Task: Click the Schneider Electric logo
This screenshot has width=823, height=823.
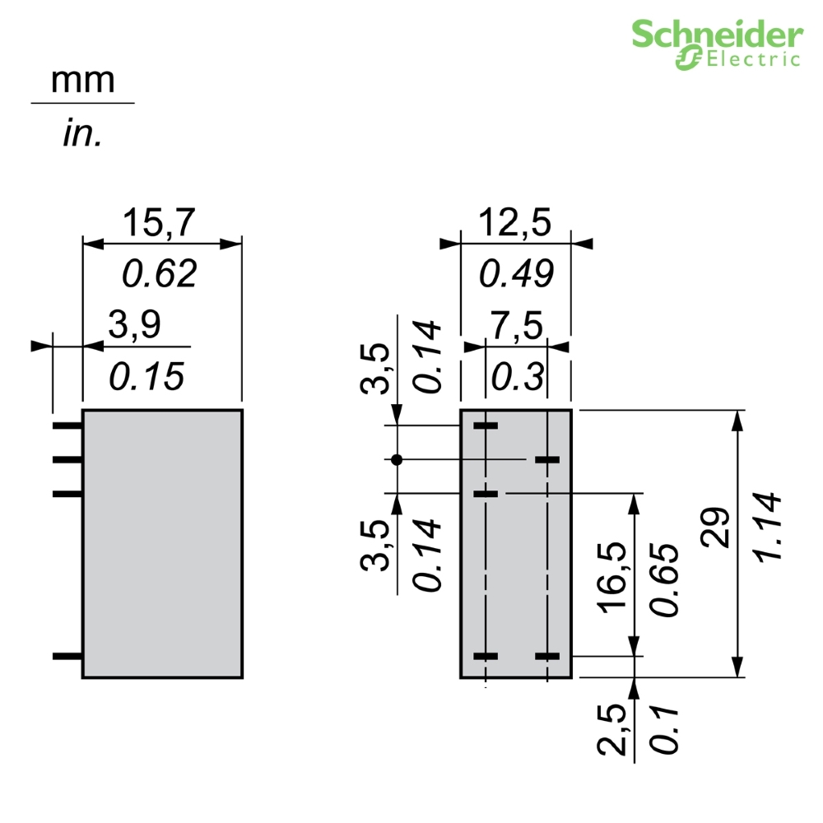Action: [717, 44]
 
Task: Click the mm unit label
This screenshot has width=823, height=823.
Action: [83, 81]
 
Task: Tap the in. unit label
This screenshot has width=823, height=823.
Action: [82, 133]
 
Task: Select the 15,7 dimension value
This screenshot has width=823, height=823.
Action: [159, 222]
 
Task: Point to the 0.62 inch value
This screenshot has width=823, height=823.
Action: [160, 273]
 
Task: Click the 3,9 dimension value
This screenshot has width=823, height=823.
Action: [135, 324]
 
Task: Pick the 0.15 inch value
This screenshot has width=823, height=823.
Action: [146, 376]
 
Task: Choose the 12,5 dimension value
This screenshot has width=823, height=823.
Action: [515, 222]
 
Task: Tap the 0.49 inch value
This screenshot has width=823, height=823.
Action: [517, 273]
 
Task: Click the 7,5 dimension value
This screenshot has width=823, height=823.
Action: [517, 326]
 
